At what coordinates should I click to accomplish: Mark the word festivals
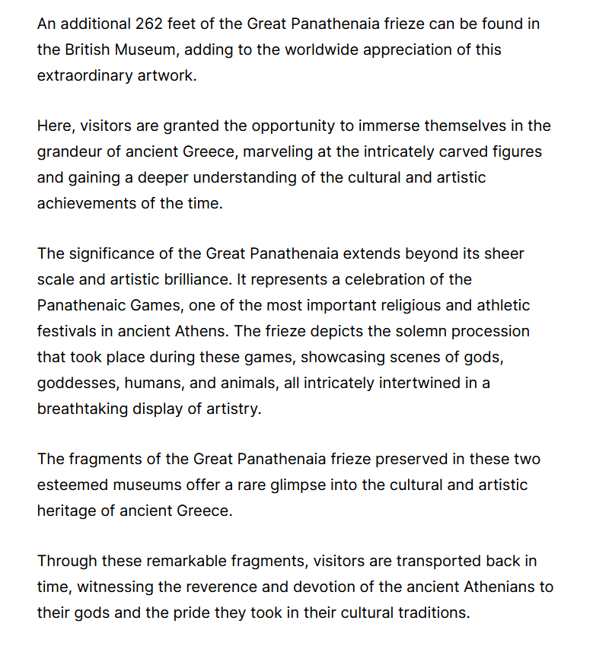[x=66, y=332]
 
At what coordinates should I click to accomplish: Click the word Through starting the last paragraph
[x=68, y=562]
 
